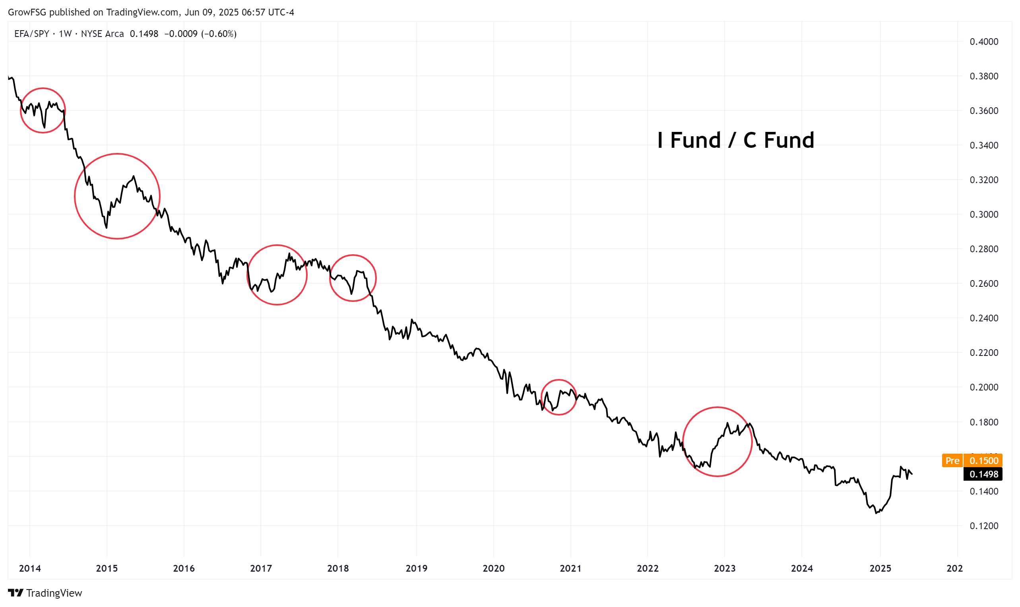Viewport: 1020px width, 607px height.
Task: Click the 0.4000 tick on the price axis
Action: [x=983, y=42]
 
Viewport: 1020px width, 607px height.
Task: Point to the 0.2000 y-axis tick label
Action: [x=983, y=387]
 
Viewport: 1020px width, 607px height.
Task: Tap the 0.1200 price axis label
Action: [x=983, y=526]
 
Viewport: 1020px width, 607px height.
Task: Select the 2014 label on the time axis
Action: [x=30, y=568]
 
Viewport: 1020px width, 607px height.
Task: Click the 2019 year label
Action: [x=416, y=568]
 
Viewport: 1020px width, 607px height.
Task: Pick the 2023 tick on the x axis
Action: [x=725, y=568]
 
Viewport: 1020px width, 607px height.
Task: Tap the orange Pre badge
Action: [x=952, y=461]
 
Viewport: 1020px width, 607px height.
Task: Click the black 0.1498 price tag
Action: [x=983, y=474]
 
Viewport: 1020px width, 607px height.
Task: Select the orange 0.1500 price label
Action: [x=983, y=461]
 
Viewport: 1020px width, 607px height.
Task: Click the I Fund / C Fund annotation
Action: [x=735, y=140]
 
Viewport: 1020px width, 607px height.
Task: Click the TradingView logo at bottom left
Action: [x=45, y=593]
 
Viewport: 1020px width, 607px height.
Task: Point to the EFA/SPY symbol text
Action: [x=31, y=34]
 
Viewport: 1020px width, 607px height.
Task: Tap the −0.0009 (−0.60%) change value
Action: [x=200, y=34]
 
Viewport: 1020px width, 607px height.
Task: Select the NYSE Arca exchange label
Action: [x=102, y=34]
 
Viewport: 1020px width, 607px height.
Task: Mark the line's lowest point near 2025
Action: [x=876, y=513]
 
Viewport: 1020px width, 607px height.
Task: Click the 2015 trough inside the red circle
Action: [x=107, y=227]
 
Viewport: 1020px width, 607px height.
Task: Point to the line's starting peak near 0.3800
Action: [x=12, y=77]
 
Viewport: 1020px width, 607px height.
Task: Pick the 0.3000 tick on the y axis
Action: [x=983, y=215]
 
